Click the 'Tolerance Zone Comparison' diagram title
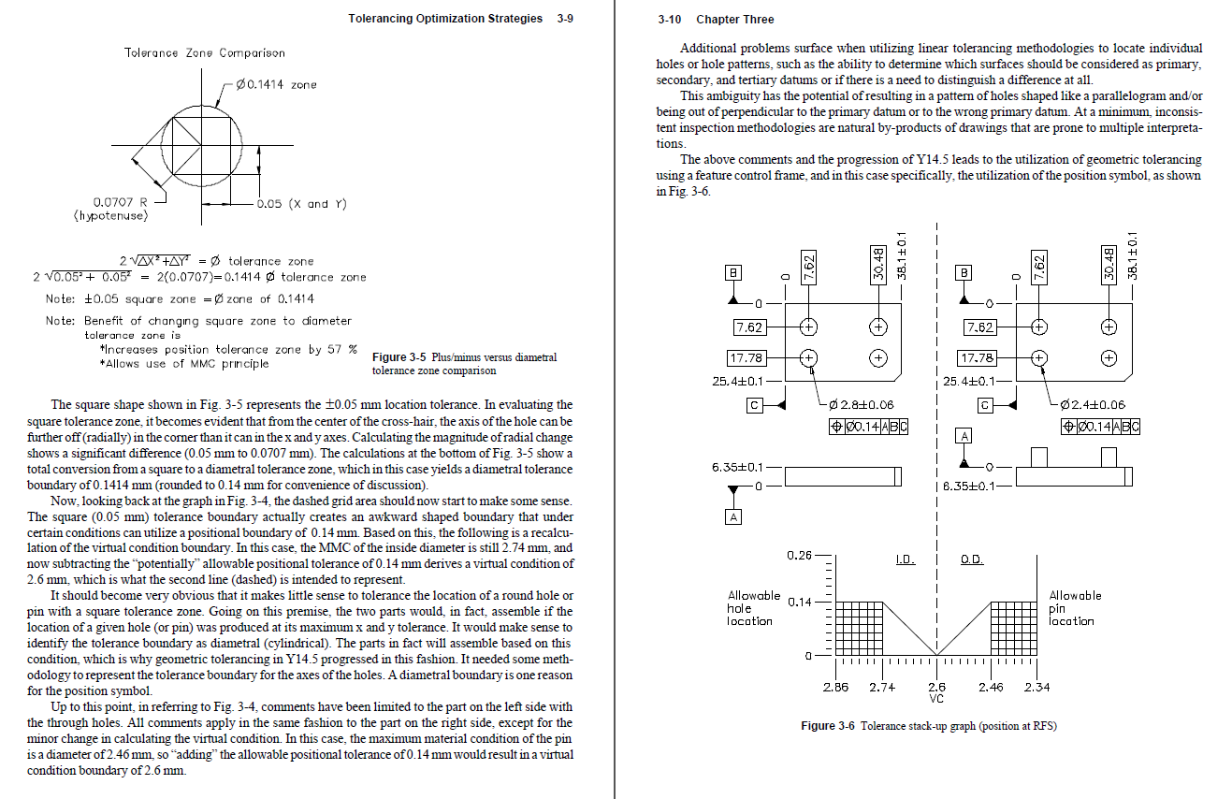[x=205, y=53]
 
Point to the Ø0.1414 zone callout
[x=277, y=85]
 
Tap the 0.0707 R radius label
[x=119, y=202]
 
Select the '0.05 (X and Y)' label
[x=302, y=204]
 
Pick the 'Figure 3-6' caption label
[x=828, y=726]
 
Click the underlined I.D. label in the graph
[x=905, y=559]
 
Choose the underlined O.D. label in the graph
[x=972, y=559]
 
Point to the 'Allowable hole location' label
[x=754, y=608]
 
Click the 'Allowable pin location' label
[x=1075, y=608]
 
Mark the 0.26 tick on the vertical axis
[x=799, y=556]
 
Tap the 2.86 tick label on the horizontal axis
[x=835, y=688]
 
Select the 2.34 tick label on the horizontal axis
[x=1036, y=688]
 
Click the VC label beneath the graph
[x=937, y=698]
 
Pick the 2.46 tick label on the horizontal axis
[x=991, y=688]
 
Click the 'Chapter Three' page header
[x=735, y=20]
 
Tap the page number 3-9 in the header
[x=564, y=19]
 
